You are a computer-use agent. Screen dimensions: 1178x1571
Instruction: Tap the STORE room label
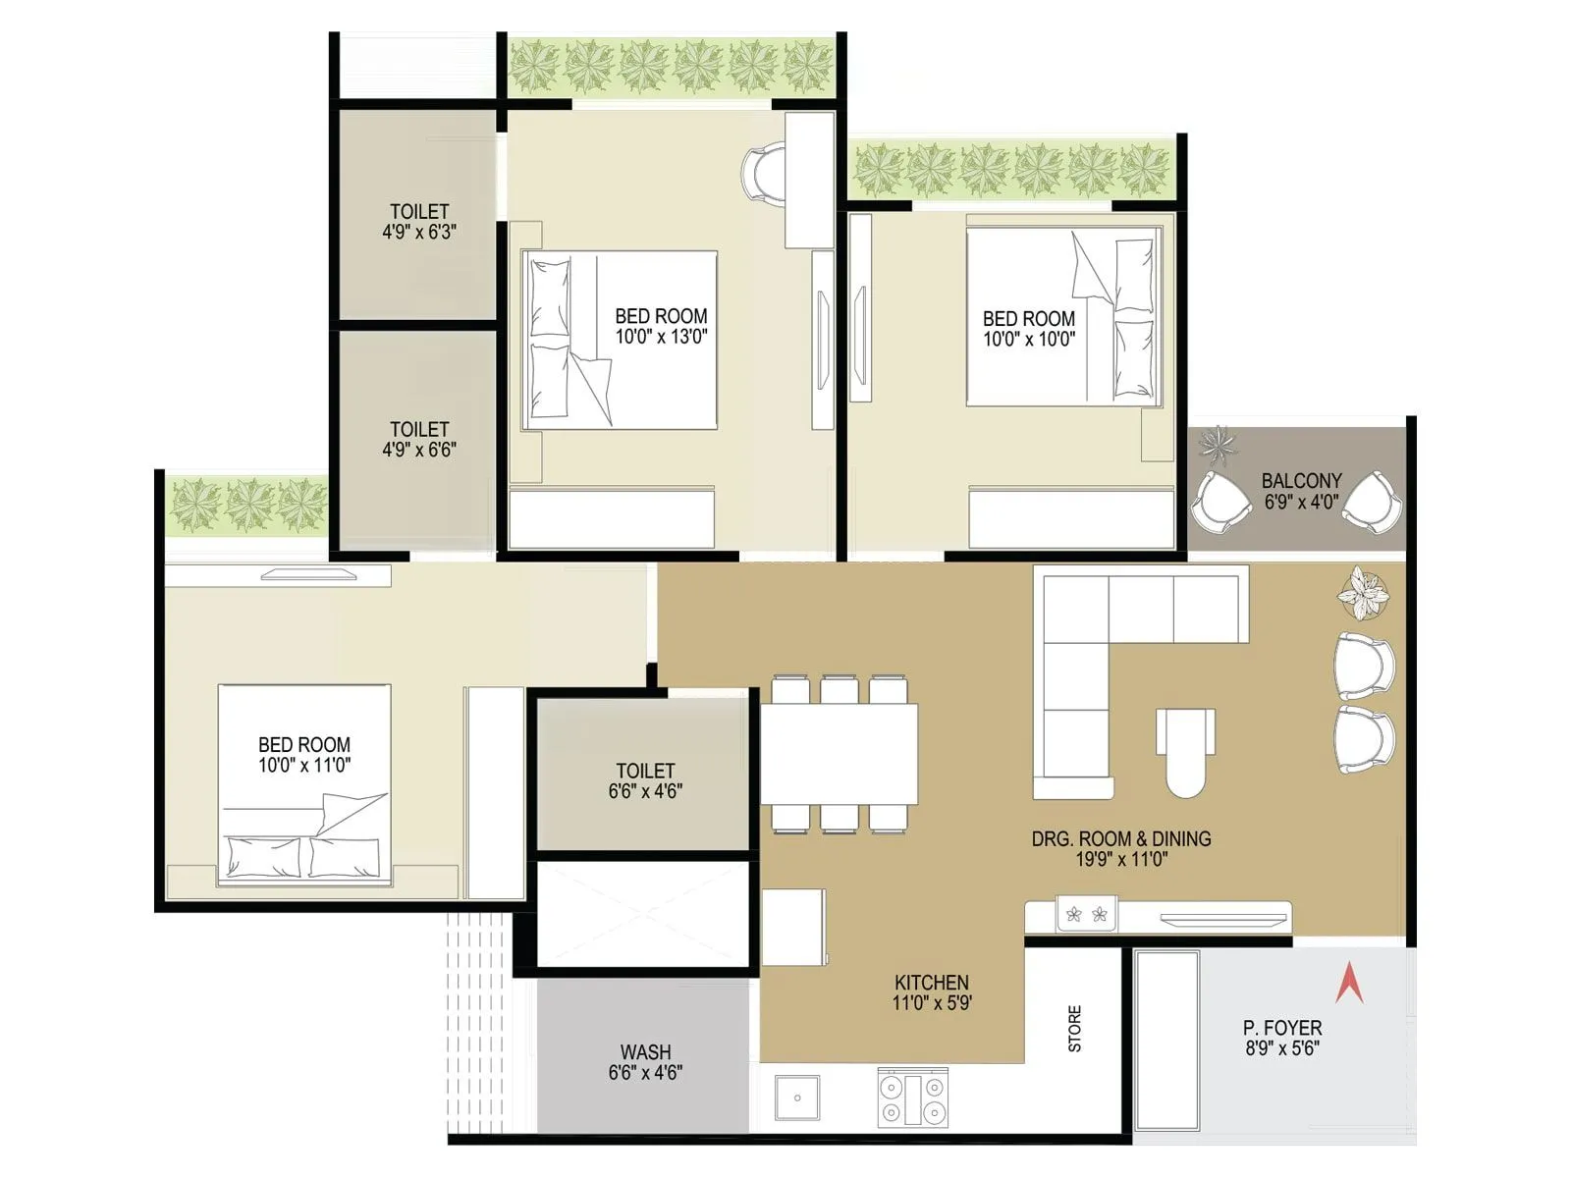1074,1028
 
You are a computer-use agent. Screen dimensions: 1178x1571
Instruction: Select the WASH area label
645,1061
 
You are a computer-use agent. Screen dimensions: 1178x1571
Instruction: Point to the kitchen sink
797,1097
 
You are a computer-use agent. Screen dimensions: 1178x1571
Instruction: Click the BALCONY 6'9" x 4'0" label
1301,490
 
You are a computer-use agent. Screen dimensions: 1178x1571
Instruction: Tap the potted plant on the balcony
1219,443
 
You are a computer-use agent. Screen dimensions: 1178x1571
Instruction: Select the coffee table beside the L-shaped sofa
1185,751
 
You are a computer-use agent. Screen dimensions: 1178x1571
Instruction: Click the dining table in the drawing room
840,753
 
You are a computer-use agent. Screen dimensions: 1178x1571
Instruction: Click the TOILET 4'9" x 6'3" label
419,221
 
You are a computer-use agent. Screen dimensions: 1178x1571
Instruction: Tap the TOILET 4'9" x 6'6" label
419,439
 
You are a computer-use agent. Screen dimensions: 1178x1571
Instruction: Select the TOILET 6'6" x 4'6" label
645,780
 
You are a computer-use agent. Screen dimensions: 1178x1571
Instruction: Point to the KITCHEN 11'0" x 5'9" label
931,991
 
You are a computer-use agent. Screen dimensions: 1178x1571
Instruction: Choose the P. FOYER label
1281,1037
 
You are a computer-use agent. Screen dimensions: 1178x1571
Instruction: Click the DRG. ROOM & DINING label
1120,848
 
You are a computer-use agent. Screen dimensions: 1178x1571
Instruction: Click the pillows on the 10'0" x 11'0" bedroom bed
302,856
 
